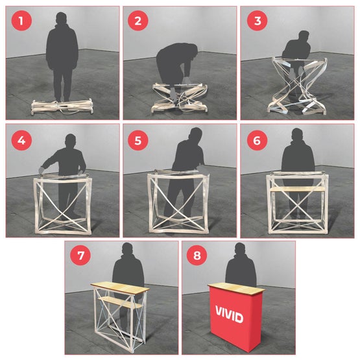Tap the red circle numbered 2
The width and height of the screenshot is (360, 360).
pos(137,21)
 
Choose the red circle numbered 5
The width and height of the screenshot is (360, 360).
pos(137,139)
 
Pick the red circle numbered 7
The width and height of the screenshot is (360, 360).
pos(80,255)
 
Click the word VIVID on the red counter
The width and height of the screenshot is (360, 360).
pos(229,317)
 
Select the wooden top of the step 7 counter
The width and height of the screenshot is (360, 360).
pos(119,286)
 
